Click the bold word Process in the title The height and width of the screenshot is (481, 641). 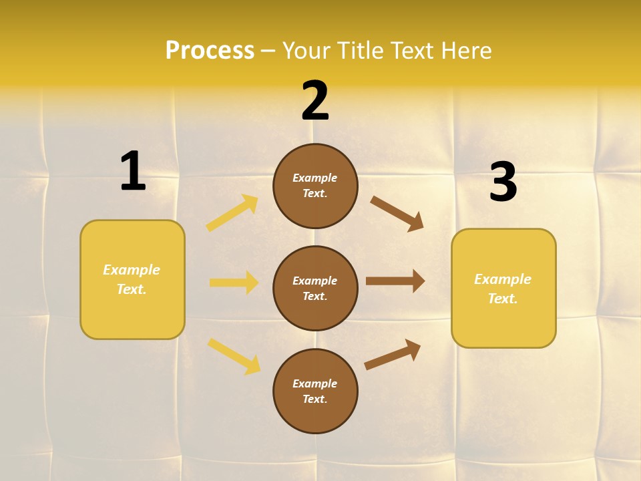210,50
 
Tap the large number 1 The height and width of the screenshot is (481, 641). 133,171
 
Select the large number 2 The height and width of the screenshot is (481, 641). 315,100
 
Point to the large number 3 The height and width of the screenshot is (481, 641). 503,182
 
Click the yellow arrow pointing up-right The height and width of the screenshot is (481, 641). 232,213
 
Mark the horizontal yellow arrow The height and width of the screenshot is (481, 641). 234,283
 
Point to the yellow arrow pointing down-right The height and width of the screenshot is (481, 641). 234,356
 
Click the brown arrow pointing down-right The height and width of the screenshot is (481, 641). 397,213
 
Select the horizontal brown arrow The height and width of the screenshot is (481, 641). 395,281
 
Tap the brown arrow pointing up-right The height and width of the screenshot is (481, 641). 393,354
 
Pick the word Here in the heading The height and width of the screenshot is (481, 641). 465,50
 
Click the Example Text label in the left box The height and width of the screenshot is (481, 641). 132,279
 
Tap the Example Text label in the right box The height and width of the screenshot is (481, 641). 503,289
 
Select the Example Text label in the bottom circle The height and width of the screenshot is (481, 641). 315,391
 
